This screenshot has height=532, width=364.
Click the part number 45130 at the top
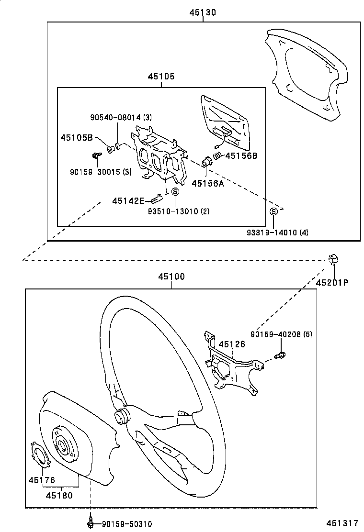click(x=203, y=13)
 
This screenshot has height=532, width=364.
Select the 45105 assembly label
click(x=161, y=77)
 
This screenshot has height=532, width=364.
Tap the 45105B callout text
click(x=76, y=138)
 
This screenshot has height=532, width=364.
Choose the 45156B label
click(x=241, y=155)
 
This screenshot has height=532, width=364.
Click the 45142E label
click(x=128, y=201)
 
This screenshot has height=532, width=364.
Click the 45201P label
click(x=332, y=282)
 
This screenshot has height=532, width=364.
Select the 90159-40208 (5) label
click(x=281, y=334)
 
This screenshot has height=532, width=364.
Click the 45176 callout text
click(x=42, y=480)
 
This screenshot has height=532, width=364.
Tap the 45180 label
click(x=59, y=495)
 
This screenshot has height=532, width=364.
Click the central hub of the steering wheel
click(x=123, y=415)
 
